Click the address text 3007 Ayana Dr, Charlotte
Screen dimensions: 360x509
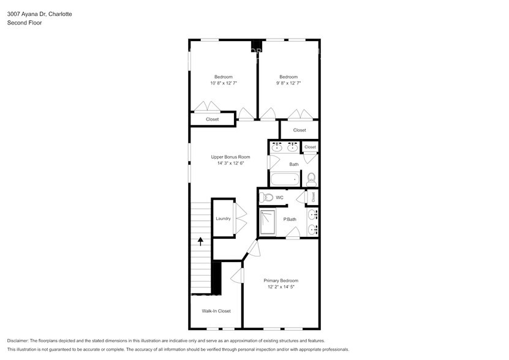point(39,13)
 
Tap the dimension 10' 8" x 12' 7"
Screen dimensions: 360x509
point(223,83)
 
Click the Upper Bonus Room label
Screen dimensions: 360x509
point(221,157)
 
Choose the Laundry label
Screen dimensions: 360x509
point(223,218)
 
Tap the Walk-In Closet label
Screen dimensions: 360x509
point(216,311)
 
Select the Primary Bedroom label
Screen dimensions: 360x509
point(281,280)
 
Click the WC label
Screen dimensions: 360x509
point(279,198)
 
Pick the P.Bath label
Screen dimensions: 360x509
point(290,219)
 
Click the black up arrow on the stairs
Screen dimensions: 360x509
point(200,241)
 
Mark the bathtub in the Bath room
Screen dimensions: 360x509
point(285,179)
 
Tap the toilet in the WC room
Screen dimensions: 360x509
point(266,197)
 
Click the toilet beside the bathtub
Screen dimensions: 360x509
point(311,178)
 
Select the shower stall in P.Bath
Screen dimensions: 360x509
point(268,222)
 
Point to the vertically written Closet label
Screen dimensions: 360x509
point(313,197)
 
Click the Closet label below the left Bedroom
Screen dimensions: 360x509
point(212,119)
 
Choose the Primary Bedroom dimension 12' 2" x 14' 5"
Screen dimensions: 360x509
point(281,287)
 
